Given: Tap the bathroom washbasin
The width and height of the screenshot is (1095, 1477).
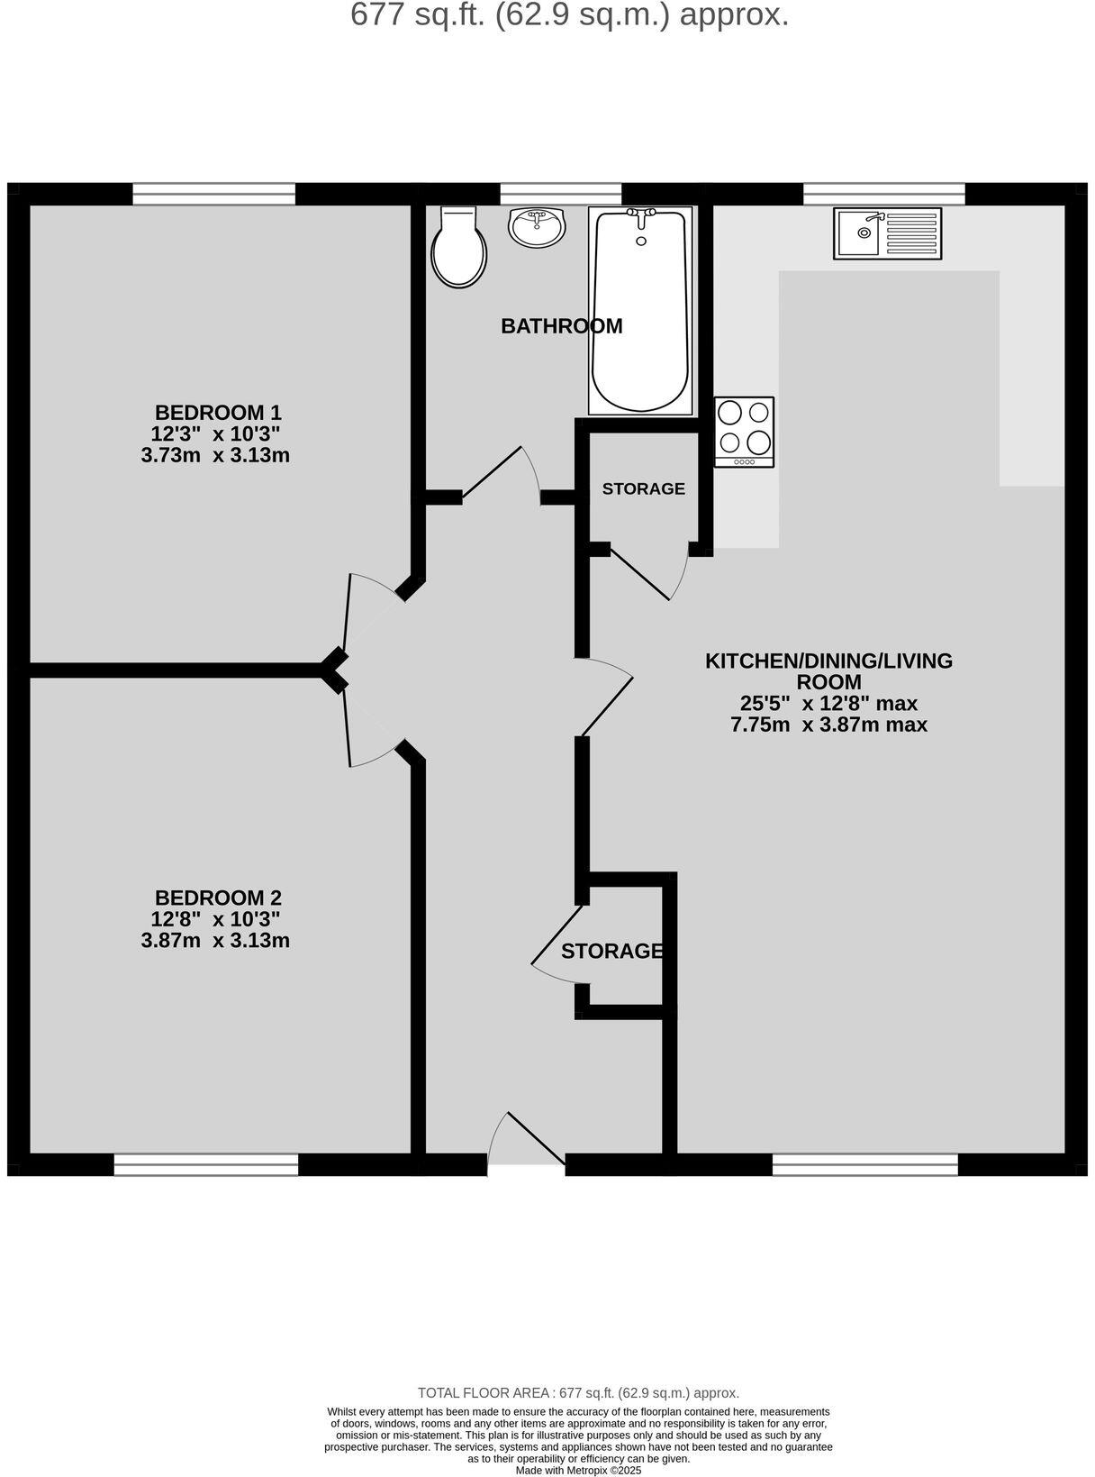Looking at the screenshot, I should (x=537, y=226).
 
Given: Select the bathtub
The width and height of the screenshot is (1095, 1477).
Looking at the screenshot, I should (x=641, y=309).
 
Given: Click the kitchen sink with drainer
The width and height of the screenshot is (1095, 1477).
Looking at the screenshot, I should (x=887, y=233).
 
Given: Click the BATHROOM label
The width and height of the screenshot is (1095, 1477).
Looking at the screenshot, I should (x=561, y=326).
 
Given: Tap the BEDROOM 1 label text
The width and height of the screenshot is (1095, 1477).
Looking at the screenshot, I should (x=218, y=413).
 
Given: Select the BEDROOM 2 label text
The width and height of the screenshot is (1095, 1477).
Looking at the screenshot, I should (x=218, y=898).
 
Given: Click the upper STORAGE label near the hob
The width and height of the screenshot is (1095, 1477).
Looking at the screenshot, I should (x=643, y=488).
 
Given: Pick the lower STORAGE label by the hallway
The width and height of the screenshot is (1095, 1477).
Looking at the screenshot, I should (x=612, y=952).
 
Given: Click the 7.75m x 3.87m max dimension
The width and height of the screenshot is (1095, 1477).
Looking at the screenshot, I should (x=828, y=725).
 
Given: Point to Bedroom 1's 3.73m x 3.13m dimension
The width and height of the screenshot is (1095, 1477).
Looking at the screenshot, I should (x=215, y=455).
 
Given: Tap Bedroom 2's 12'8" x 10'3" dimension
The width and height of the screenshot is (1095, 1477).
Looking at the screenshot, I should (x=215, y=919).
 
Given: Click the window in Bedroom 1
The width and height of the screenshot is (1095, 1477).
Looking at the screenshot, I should (x=213, y=194).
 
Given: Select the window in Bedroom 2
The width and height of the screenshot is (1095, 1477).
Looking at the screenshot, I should (x=206, y=1165).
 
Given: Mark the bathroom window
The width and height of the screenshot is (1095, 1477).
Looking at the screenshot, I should (x=560, y=194).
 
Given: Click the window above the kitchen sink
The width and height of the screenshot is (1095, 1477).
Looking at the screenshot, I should (x=883, y=194).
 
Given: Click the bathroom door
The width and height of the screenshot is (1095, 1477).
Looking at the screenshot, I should (x=501, y=473).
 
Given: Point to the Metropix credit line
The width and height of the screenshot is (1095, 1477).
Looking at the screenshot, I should (x=578, y=1470).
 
